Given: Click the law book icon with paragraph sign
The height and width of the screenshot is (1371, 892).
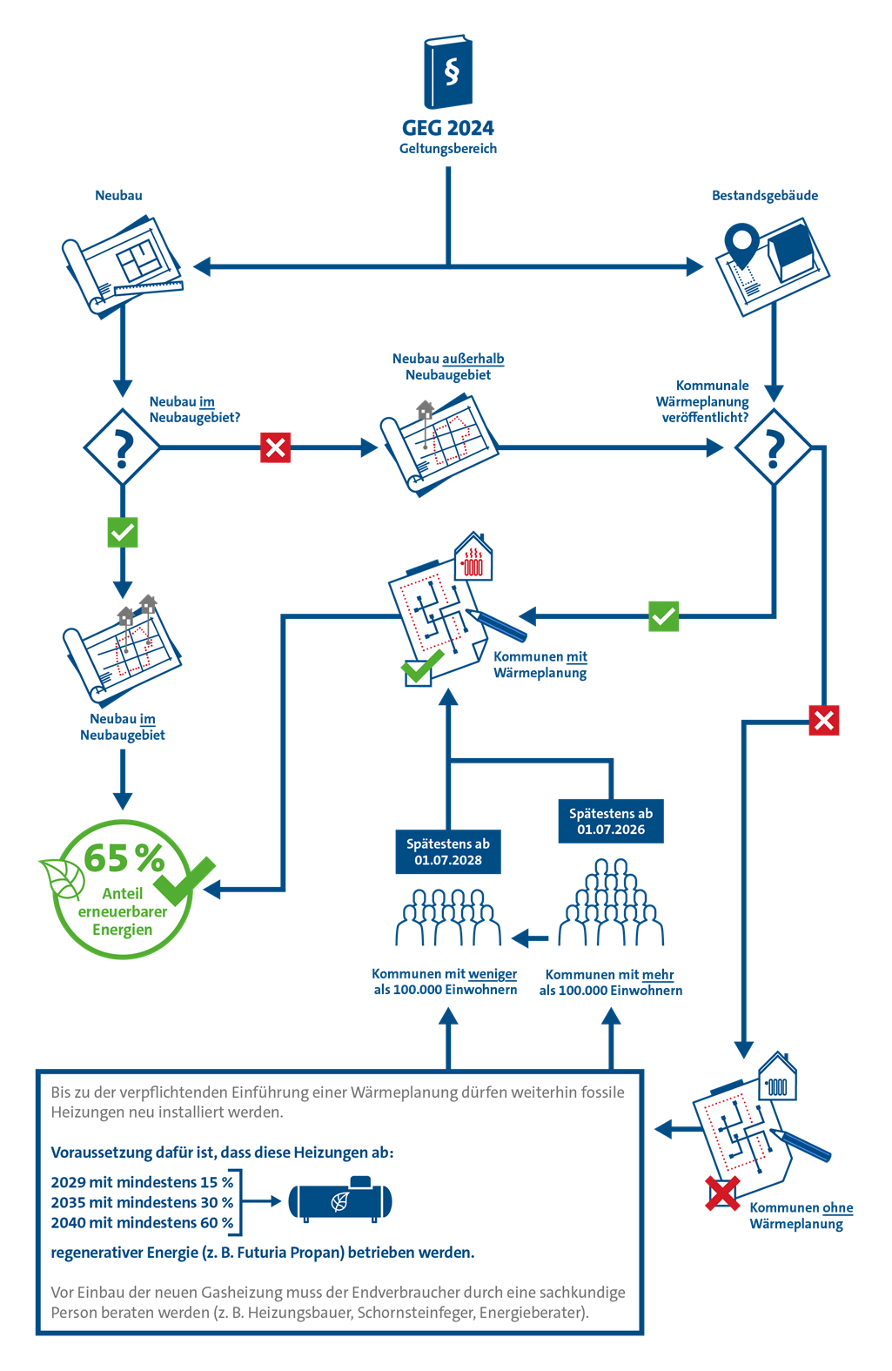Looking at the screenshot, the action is (448, 71).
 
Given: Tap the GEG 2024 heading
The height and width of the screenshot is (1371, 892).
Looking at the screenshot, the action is (448, 128).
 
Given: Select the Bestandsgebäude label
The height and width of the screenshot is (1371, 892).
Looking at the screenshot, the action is (764, 195).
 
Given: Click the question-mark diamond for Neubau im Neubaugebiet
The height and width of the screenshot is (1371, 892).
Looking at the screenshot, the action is (123, 447).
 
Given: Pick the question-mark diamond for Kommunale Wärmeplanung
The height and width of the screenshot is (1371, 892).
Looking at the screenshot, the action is (774, 447).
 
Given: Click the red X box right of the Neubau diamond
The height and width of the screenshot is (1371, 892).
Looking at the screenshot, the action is (275, 447).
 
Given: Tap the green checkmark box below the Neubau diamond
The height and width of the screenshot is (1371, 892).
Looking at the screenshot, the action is (123, 532).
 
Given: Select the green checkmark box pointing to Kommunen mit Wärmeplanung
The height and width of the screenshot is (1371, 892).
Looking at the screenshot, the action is (664, 615).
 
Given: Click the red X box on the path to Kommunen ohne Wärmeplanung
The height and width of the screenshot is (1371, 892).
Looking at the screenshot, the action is (823, 720).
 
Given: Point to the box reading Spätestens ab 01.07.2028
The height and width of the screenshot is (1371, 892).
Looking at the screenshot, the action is (448, 851).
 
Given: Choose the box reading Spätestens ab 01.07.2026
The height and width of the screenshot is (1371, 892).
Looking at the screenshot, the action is (611, 822).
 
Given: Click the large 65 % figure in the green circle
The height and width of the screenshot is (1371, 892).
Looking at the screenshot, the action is (124, 858).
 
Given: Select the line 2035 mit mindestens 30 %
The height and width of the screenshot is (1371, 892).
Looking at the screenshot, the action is (142, 1202).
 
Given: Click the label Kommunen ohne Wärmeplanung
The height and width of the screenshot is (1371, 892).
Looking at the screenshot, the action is (801, 1215).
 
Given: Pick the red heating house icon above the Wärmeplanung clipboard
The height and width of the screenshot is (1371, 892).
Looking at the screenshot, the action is (473, 556).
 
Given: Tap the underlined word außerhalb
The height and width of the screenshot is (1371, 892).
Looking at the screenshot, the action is (473, 359).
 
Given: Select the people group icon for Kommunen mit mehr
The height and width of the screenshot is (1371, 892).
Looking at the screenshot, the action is (611, 902).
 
